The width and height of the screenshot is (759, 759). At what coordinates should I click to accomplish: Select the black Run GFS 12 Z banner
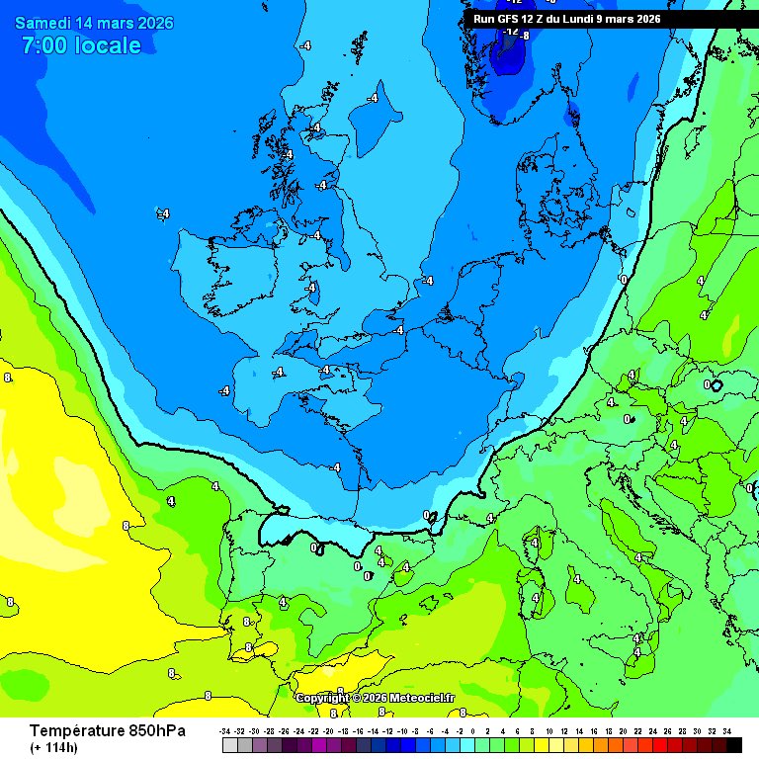click(x=611, y=19)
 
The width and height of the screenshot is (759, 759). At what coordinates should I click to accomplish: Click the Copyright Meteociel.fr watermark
click(x=376, y=698)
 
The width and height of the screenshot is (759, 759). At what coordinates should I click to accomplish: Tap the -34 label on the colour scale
click(x=227, y=730)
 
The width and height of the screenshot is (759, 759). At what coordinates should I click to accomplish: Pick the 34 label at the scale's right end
click(x=726, y=730)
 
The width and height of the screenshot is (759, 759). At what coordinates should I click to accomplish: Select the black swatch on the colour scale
click(x=732, y=745)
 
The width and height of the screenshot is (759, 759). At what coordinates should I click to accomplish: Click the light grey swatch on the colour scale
click(x=229, y=745)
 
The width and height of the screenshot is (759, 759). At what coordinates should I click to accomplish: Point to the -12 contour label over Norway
click(x=511, y=32)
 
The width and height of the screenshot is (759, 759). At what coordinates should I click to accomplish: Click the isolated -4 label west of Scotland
click(x=164, y=213)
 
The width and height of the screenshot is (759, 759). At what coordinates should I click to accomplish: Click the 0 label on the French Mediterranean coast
click(x=427, y=515)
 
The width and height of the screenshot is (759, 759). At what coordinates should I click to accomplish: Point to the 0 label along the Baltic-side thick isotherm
click(x=623, y=280)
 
